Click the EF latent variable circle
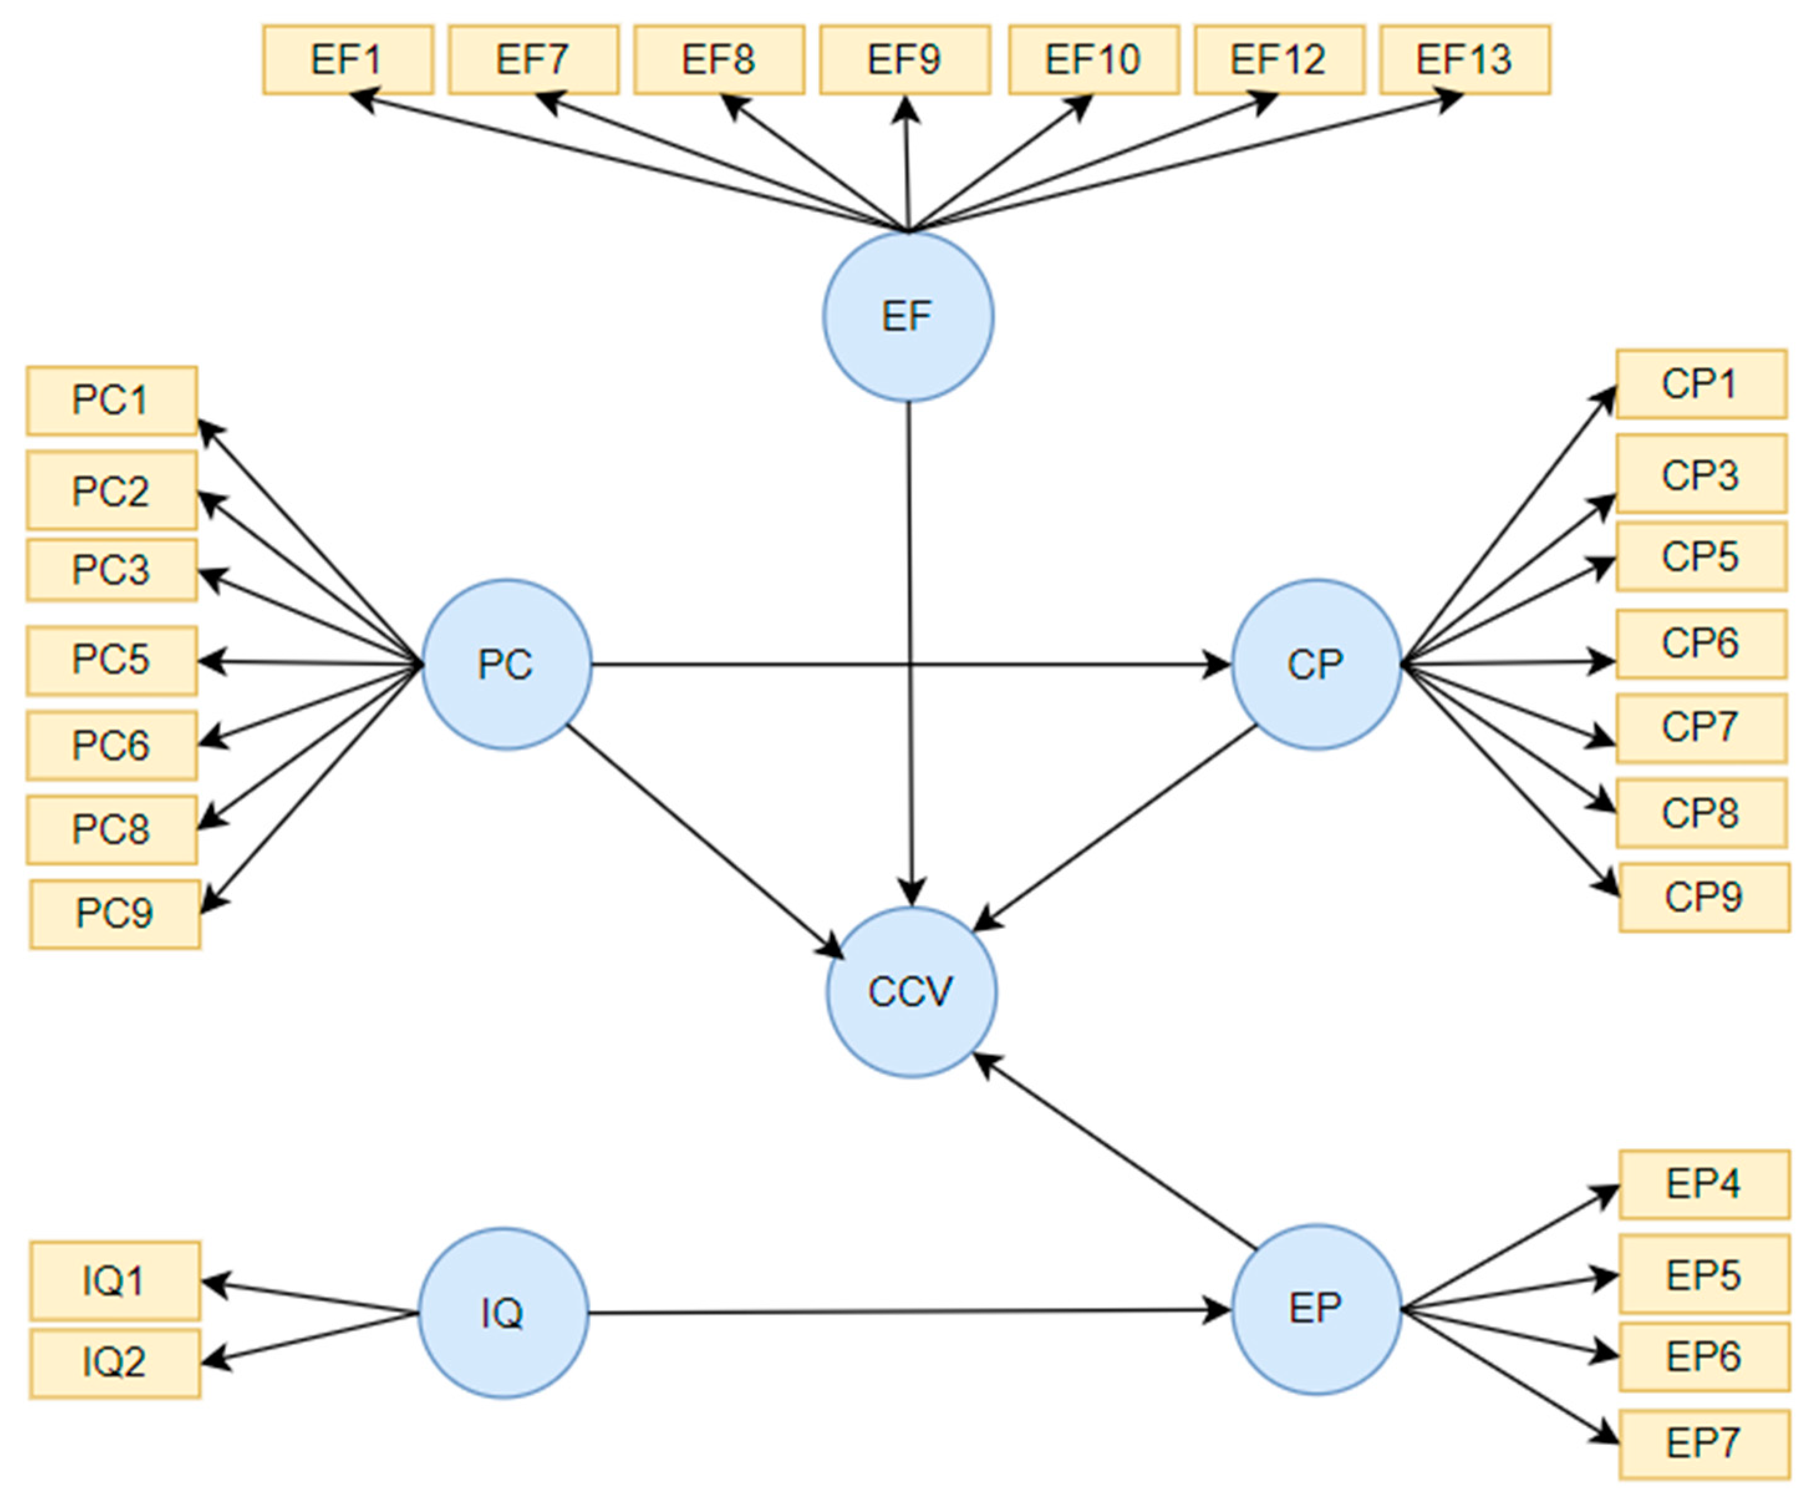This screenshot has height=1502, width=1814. pyautogui.click(x=908, y=317)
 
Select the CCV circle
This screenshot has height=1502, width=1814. pyautogui.click(x=911, y=992)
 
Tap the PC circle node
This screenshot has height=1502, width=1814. pyautogui.click(x=507, y=664)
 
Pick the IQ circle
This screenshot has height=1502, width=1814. pyautogui.click(x=503, y=1313)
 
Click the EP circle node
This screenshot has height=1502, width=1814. pyautogui.click(x=1316, y=1309)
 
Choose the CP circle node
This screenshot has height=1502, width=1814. pyautogui.click(x=1316, y=664)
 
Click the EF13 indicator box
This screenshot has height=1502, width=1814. pyautogui.click(x=1465, y=60)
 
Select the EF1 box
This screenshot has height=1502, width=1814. pyautogui.click(x=348, y=60)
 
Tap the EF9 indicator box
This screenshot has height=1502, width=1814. pyautogui.click(x=904, y=60)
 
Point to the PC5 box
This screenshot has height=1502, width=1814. pyautogui.click(x=112, y=661)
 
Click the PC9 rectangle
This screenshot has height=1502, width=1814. pyautogui.click(x=115, y=915)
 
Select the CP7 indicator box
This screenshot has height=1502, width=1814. pyautogui.click(x=1701, y=728)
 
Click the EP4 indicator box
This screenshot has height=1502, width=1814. pyautogui.click(x=1703, y=1184)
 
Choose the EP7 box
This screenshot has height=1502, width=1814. pyautogui.click(x=1703, y=1444)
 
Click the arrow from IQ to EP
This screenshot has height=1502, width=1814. pyautogui.click(x=907, y=1312)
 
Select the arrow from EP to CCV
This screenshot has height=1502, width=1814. pyautogui.click(x=1115, y=1151)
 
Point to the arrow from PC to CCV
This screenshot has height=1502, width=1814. pyautogui.click(x=704, y=841)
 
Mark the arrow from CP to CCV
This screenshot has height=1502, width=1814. pyautogui.click(x=1115, y=828)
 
